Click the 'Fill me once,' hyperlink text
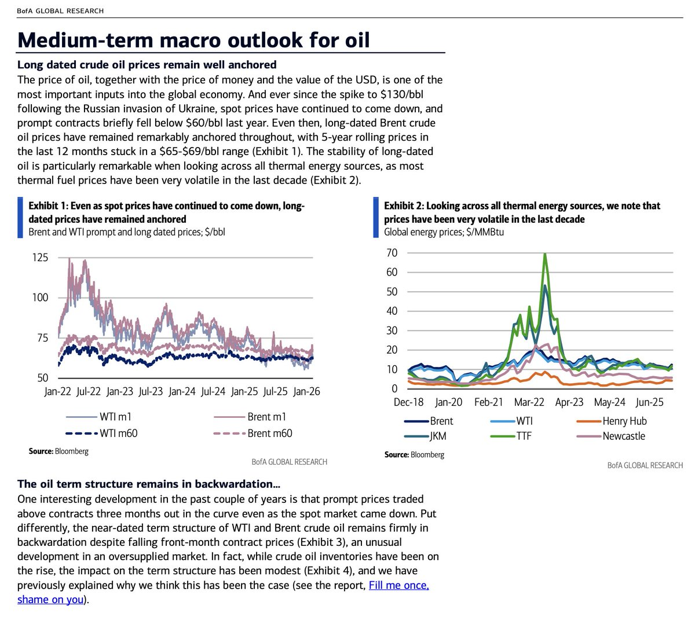point(398,585)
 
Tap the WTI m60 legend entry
point(118,433)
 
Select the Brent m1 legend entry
point(266,417)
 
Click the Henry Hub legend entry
point(624,421)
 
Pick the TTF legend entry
point(524,436)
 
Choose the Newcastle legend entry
point(624,436)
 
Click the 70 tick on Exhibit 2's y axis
point(392,253)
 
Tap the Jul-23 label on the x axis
point(151,392)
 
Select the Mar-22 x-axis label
point(529,402)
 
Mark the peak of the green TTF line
point(545,254)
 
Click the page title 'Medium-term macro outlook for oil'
point(193,40)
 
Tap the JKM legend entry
point(437,436)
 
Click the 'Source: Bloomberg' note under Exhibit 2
point(414,454)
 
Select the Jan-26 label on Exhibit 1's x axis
point(306,392)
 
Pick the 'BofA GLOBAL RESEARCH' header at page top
point(61,11)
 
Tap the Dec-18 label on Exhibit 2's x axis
point(408,402)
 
